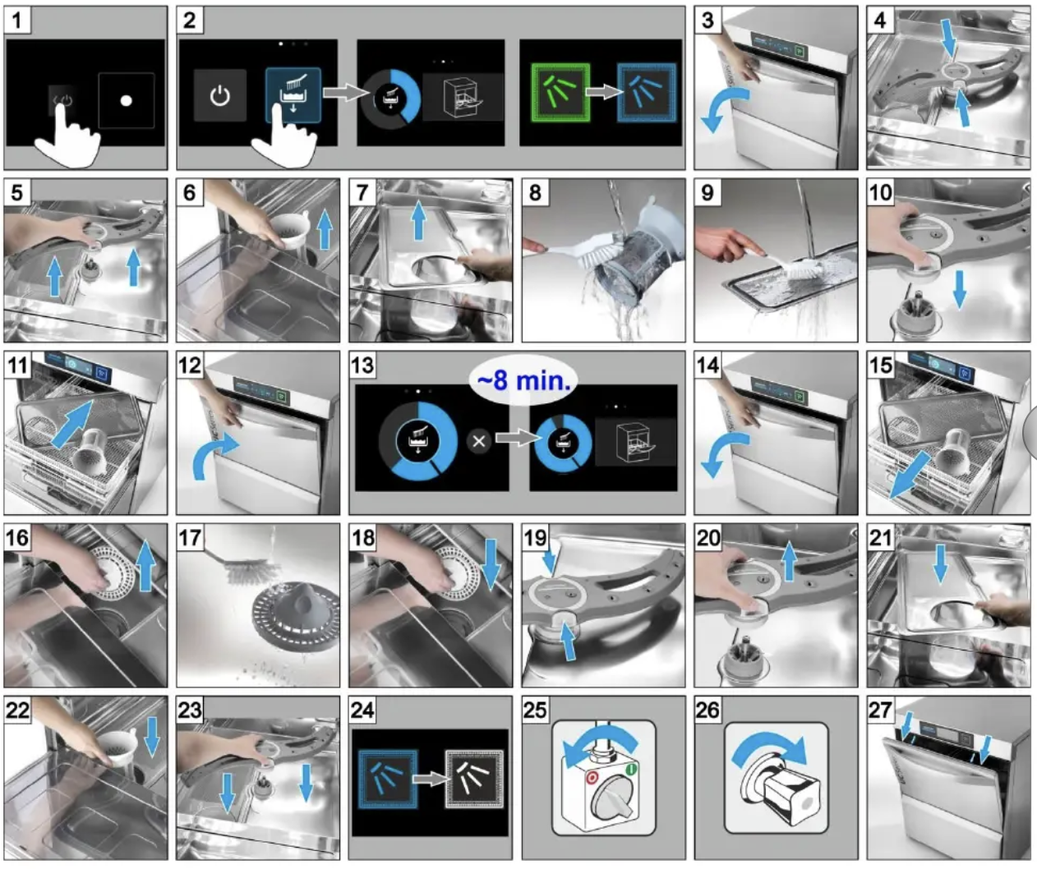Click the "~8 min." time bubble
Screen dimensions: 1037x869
click(524, 380)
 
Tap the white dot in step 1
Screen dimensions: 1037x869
click(127, 101)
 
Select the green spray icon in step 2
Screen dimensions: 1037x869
click(560, 93)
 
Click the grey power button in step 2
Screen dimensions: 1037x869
click(220, 95)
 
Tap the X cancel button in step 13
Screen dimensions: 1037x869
click(479, 441)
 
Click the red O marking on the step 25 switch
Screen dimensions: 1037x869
click(592, 777)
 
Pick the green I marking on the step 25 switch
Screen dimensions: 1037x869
click(632, 770)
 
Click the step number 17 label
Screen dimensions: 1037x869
click(190, 538)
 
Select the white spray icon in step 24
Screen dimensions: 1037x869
click(474, 779)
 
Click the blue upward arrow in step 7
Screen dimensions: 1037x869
click(419, 219)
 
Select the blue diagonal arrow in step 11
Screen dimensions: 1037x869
click(71, 424)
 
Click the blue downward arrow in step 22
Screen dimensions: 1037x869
click(151, 736)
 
